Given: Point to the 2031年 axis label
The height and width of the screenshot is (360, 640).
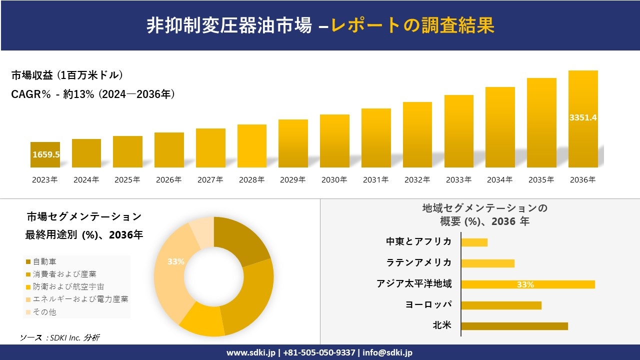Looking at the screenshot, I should point(375,180).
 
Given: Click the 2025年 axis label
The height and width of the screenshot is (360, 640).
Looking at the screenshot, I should point(127,180).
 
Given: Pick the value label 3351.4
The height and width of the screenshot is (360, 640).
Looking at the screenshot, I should point(583,118).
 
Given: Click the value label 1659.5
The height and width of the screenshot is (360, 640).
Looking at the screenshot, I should point(46,154).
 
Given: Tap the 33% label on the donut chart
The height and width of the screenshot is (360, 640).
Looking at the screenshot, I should point(176,261).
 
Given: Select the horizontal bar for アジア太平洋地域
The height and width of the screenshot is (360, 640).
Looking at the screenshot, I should point(527,284).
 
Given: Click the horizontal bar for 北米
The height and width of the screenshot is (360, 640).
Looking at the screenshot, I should point(514,326).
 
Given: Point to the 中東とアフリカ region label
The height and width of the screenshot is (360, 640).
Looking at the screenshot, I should point(418,242).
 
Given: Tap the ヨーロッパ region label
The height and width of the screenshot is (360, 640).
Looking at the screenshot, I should point(428,304).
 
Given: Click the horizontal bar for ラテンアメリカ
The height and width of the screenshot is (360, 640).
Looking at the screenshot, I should point(487,263).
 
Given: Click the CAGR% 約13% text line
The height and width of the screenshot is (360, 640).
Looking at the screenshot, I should point(93,94).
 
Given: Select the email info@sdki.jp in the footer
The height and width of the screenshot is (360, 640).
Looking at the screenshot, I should point(387,352).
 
